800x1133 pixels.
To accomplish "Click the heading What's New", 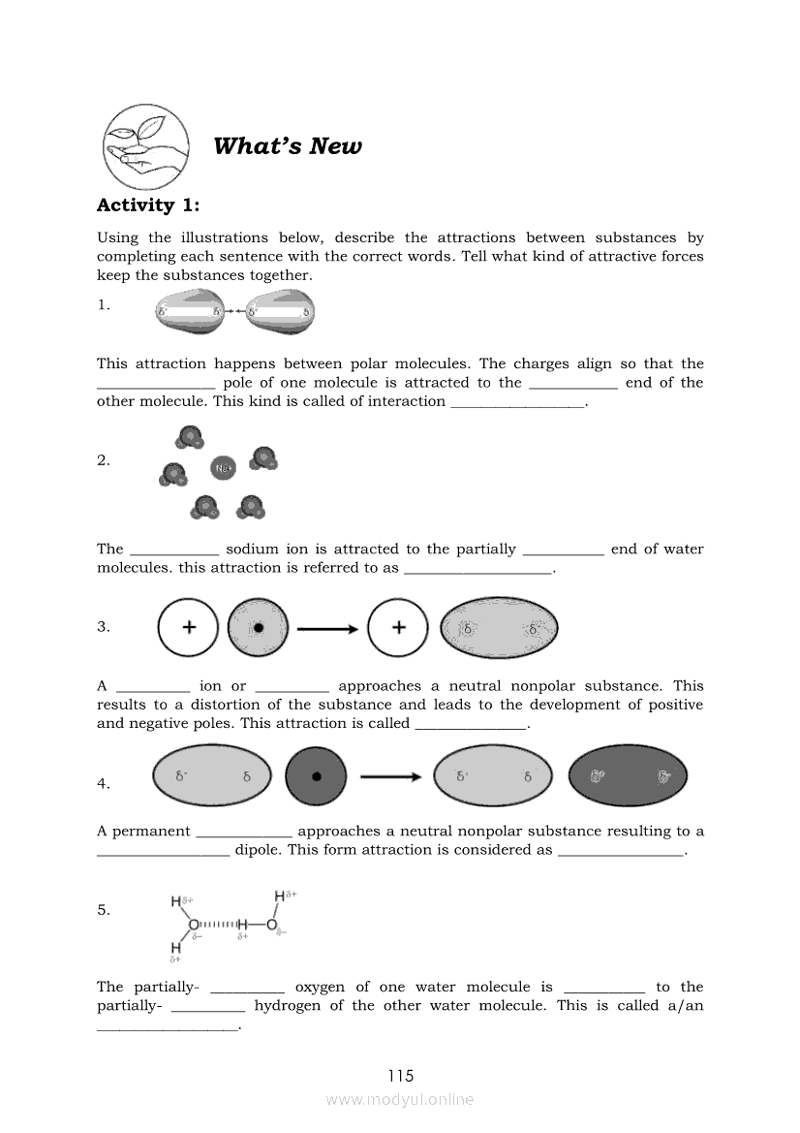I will click(287, 146).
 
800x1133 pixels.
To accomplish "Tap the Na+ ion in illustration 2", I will click(223, 470).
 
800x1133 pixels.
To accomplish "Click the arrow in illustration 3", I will click(327, 628).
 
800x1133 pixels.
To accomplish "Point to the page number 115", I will click(400, 1076).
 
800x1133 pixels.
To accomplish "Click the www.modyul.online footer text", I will click(400, 1100).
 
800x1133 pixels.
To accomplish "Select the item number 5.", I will click(104, 910).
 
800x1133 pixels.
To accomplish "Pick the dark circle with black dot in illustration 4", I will click(316, 776).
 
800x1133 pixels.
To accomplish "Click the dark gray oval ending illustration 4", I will click(628, 776).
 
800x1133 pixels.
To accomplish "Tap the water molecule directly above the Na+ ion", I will click(190, 437).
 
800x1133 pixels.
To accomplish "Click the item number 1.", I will click(104, 305).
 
